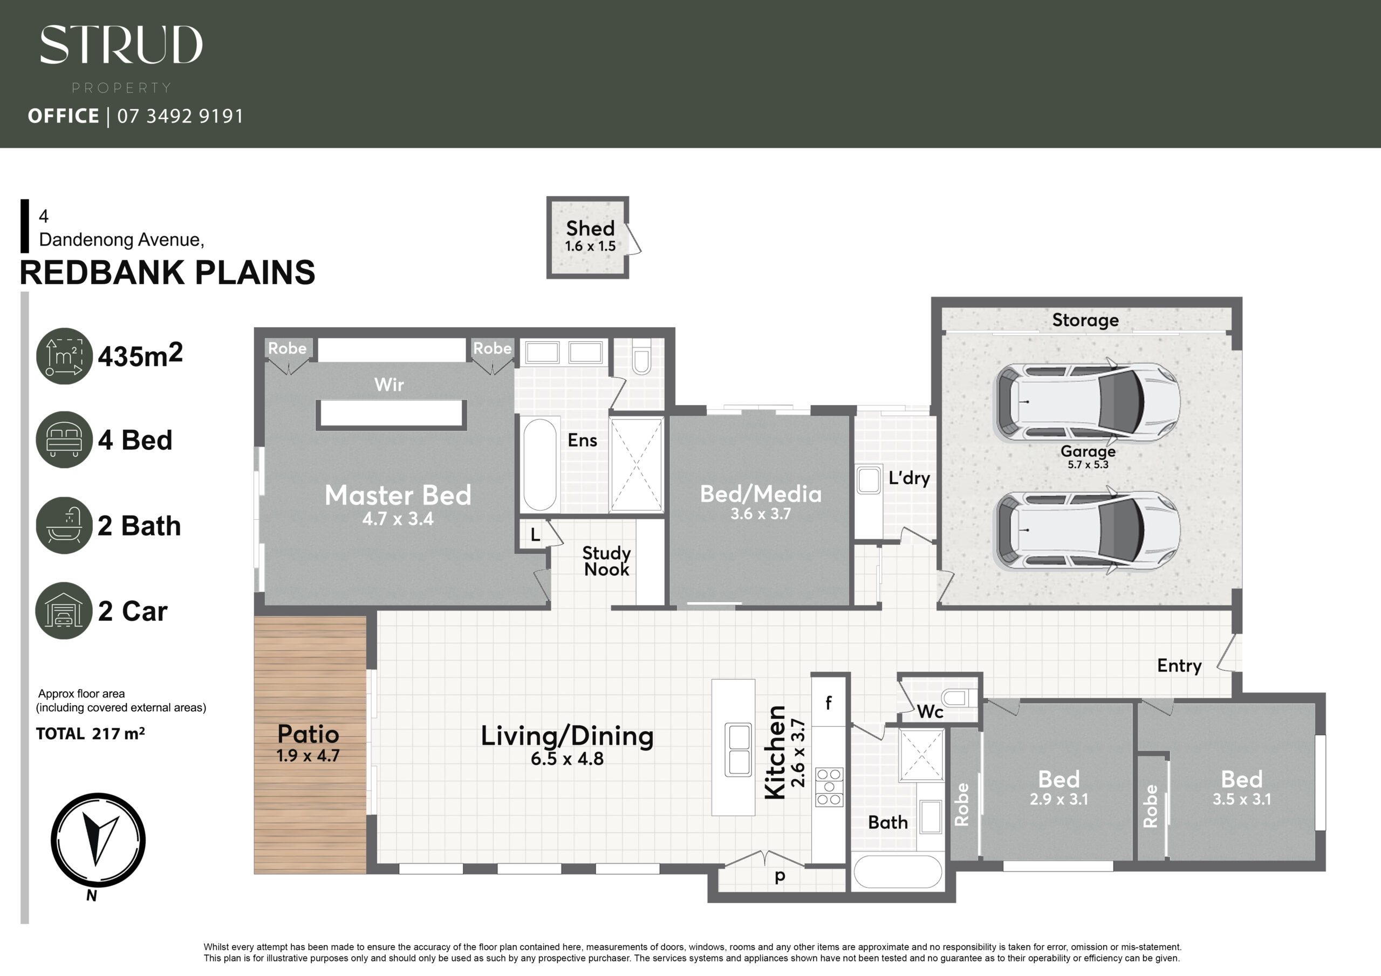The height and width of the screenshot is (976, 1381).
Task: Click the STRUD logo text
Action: pos(121,45)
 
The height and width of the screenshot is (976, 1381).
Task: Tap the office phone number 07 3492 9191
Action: pos(180,116)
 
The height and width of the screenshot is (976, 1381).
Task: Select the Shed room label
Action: pos(590,229)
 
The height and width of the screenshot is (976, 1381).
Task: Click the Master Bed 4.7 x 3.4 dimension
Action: pos(398,519)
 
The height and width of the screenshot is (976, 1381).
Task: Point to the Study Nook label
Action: pos(606,561)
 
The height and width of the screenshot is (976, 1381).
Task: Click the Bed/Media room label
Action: pos(761,494)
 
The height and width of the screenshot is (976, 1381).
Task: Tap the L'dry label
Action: pos(909,478)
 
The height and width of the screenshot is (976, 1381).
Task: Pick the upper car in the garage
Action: pos(1088,402)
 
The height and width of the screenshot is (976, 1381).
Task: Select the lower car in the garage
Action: pos(1088,530)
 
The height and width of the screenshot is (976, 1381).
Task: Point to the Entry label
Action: pos(1179,666)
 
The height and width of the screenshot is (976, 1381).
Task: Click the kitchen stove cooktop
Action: pos(829,787)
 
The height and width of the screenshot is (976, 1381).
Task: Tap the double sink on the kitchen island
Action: pos(739,750)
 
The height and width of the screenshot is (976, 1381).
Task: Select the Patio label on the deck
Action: pos(308,734)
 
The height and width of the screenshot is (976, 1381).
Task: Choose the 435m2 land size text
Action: pos(140,355)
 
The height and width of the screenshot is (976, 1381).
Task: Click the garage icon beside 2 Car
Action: pos(64,610)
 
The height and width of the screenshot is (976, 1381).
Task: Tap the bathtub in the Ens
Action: pos(539,465)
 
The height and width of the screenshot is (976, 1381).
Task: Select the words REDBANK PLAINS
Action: pos(167,272)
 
